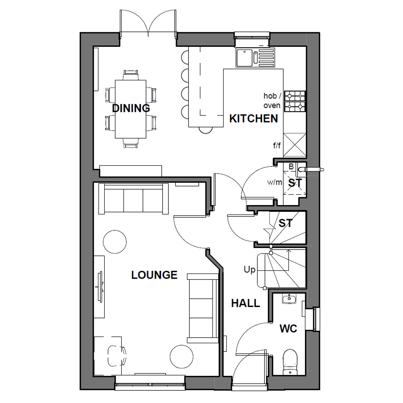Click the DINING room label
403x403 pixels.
[x=131, y=108]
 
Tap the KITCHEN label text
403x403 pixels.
[x=253, y=118]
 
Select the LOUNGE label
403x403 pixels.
[x=154, y=275]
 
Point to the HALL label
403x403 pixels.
[x=246, y=303]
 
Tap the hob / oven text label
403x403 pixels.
[x=272, y=100]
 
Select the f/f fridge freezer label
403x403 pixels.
[x=277, y=146]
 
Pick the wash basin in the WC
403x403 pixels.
[x=289, y=299]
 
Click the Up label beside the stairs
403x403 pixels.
[x=250, y=270]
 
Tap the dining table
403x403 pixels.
[x=131, y=109]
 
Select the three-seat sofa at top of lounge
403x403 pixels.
[x=133, y=199]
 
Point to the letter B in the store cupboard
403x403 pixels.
[x=291, y=166]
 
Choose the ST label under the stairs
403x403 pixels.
[x=286, y=223]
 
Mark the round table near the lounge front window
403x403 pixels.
[x=182, y=357]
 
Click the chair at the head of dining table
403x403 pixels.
[x=131, y=74]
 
